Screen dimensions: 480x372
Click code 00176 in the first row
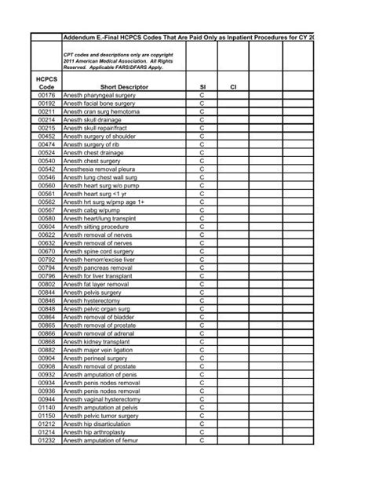[46, 95]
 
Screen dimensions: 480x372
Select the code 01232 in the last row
[46, 440]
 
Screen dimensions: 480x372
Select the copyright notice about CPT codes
[118, 62]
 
